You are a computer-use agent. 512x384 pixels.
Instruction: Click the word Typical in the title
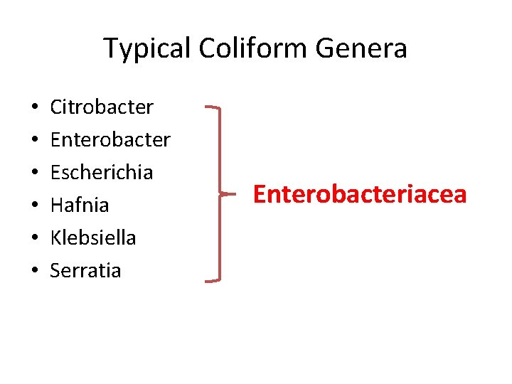click(x=148, y=49)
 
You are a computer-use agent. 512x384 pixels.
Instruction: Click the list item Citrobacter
click(x=102, y=107)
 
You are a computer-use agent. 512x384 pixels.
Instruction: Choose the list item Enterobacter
click(x=110, y=140)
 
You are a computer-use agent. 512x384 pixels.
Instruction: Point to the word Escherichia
click(x=102, y=173)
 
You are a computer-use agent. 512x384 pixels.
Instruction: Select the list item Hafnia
click(x=80, y=206)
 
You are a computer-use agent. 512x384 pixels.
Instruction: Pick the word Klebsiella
click(x=93, y=238)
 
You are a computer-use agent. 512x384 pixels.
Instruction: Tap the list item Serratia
click(x=85, y=270)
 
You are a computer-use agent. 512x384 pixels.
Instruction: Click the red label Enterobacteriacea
click(x=360, y=194)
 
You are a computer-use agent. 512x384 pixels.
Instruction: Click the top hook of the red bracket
click(x=212, y=108)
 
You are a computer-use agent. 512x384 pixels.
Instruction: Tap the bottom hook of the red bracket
click(x=212, y=281)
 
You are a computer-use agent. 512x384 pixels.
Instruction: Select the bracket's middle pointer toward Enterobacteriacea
click(x=228, y=193)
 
